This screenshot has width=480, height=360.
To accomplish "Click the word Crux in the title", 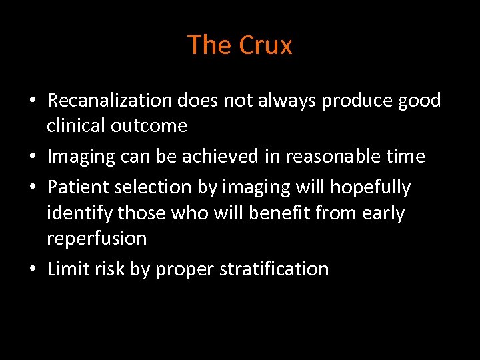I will click(265, 45).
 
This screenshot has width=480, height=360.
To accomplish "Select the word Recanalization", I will click(110, 101).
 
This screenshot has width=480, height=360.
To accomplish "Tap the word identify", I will click(79, 213).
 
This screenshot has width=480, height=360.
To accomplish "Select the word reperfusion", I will click(97, 239).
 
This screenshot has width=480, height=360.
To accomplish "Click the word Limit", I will click(65, 269).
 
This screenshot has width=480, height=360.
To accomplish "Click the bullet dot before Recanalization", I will click(32, 101).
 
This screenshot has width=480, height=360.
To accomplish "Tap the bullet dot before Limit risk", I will click(32, 270).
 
